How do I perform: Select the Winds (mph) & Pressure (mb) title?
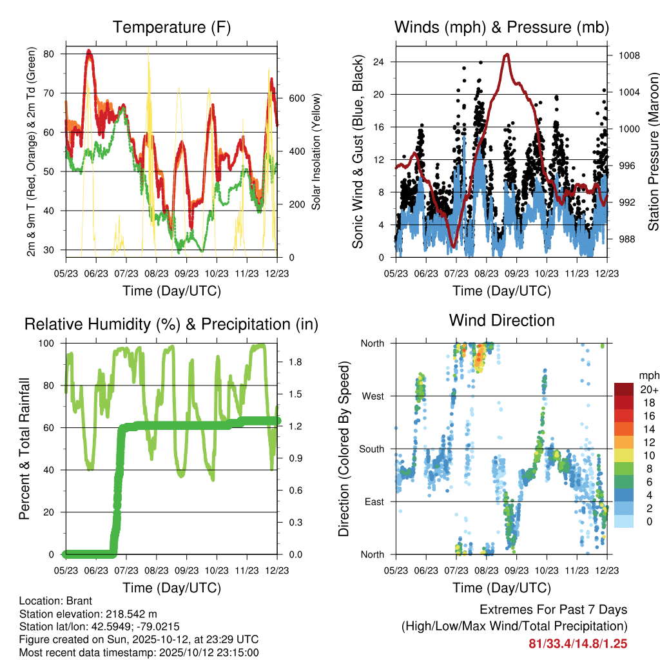[x=502, y=28]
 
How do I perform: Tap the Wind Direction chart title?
[x=501, y=320]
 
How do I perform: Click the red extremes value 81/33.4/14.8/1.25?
[x=578, y=643]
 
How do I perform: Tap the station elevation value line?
[x=88, y=614]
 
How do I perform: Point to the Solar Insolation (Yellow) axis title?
[x=316, y=151]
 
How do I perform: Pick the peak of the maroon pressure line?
[x=507, y=55]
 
